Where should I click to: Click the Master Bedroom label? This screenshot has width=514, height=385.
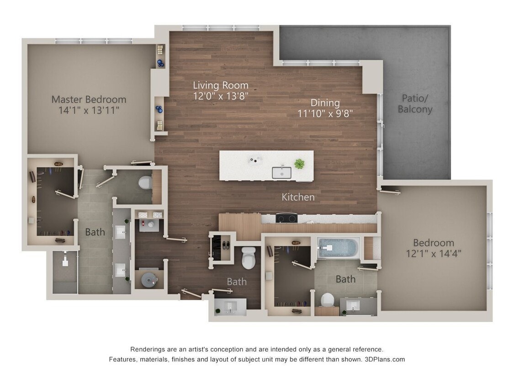tap(89, 99)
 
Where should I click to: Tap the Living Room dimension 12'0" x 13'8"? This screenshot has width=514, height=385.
tap(221, 96)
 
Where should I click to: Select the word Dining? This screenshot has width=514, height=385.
tap(325, 103)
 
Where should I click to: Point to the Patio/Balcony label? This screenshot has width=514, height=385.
tap(415, 104)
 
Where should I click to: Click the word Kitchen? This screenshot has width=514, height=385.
tap(298, 197)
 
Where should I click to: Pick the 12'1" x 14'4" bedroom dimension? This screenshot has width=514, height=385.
tap(434, 254)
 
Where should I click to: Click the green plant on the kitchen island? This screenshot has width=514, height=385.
tap(299, 163)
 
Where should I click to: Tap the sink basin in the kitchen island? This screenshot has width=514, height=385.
tap(281, 172)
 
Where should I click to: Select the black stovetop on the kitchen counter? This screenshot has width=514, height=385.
tap(286, 218)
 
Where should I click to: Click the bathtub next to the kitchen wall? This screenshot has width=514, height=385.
tap(338, 248)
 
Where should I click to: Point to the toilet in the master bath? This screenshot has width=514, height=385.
tap(145, 183)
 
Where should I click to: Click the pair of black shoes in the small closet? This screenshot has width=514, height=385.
tap(226, 244)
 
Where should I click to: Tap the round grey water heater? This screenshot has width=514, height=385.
tap(149, 280)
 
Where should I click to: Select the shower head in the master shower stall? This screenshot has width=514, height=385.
tap(65, 262)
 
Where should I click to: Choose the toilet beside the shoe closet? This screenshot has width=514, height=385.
tap(249, 258)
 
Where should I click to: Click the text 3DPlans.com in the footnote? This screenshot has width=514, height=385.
tap(385, 359)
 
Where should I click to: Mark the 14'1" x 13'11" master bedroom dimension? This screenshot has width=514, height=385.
tap(89, 110)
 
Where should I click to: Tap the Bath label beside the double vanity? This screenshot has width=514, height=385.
tap(95, 232)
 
